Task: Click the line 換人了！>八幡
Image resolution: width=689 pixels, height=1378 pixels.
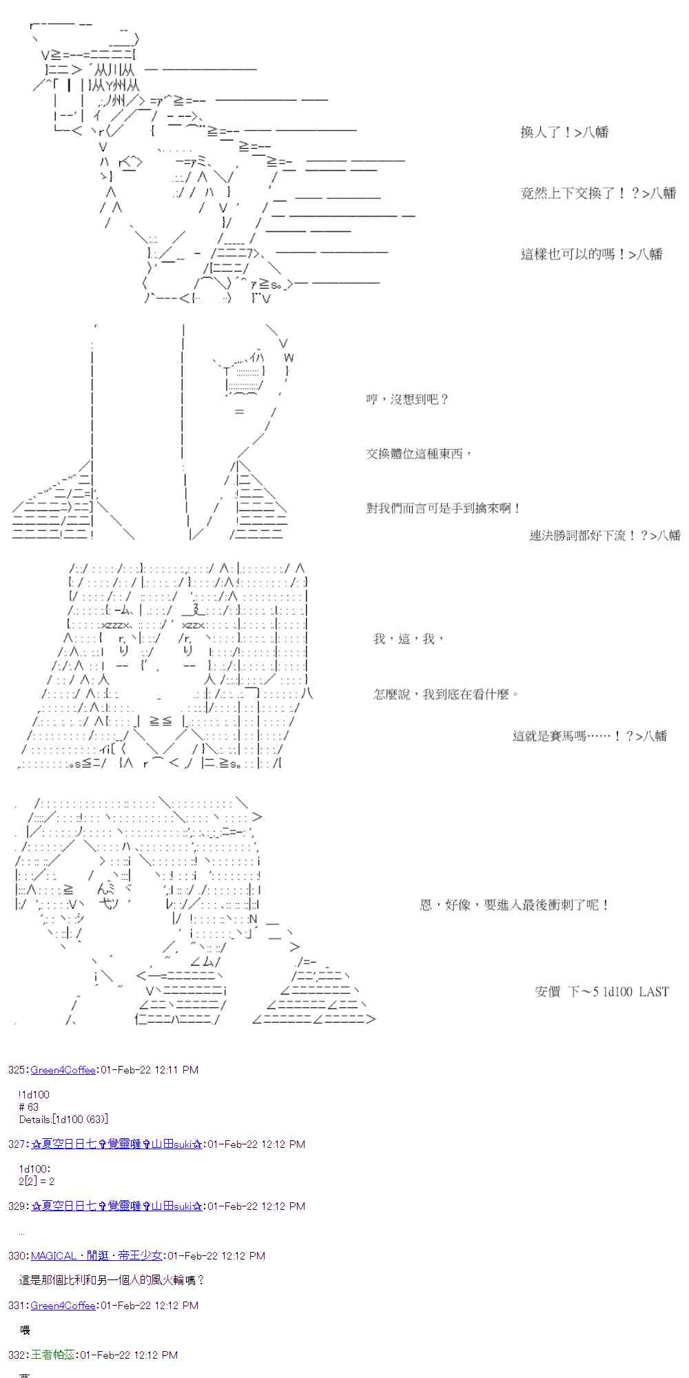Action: click(x=564, y=132)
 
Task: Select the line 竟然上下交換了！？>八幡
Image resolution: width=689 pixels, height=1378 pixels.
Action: click(x=598, y=194)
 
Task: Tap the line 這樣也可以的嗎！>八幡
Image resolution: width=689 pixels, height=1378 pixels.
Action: click(x=591, y=254)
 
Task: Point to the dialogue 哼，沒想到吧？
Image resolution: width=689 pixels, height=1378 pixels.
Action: click(x=407, y=400)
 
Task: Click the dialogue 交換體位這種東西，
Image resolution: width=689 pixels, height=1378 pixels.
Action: click(x=419, y=454)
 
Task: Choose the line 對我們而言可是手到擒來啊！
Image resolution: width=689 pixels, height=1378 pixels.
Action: click(x=444, y=508)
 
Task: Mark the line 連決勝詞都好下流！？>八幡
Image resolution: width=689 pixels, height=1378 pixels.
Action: click(x=604, y=535)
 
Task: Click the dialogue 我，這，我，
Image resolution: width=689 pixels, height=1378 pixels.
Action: click(x=409, y=639)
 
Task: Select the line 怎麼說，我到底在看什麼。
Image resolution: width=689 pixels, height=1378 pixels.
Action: click(x=446, y=695)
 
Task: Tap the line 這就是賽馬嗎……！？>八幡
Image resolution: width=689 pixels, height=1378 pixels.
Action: click(x=590, y=736)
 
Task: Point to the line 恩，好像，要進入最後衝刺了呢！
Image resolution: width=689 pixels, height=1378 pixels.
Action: click(x=515, y=905)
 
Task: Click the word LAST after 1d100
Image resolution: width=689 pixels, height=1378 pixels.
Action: click(x=653, y=992)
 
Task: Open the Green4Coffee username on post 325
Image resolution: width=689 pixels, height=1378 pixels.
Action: click(x=63, y=1070)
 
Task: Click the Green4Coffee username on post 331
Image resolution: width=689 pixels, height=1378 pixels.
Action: click(x=63, y=1306)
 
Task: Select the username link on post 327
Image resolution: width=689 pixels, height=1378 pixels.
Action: click(x=116, y=1144)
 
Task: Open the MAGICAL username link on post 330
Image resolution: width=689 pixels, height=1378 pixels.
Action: click(x=96, y=1256)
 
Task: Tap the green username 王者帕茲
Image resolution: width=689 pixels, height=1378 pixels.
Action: click(x=53, y=1355)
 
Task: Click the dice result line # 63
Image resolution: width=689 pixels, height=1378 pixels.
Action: click(x=29, y=1107)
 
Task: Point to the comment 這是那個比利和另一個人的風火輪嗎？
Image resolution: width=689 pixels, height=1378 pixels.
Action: click(x=112, y=1280)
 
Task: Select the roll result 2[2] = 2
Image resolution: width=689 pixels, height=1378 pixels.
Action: click(x=37, y=1181)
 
